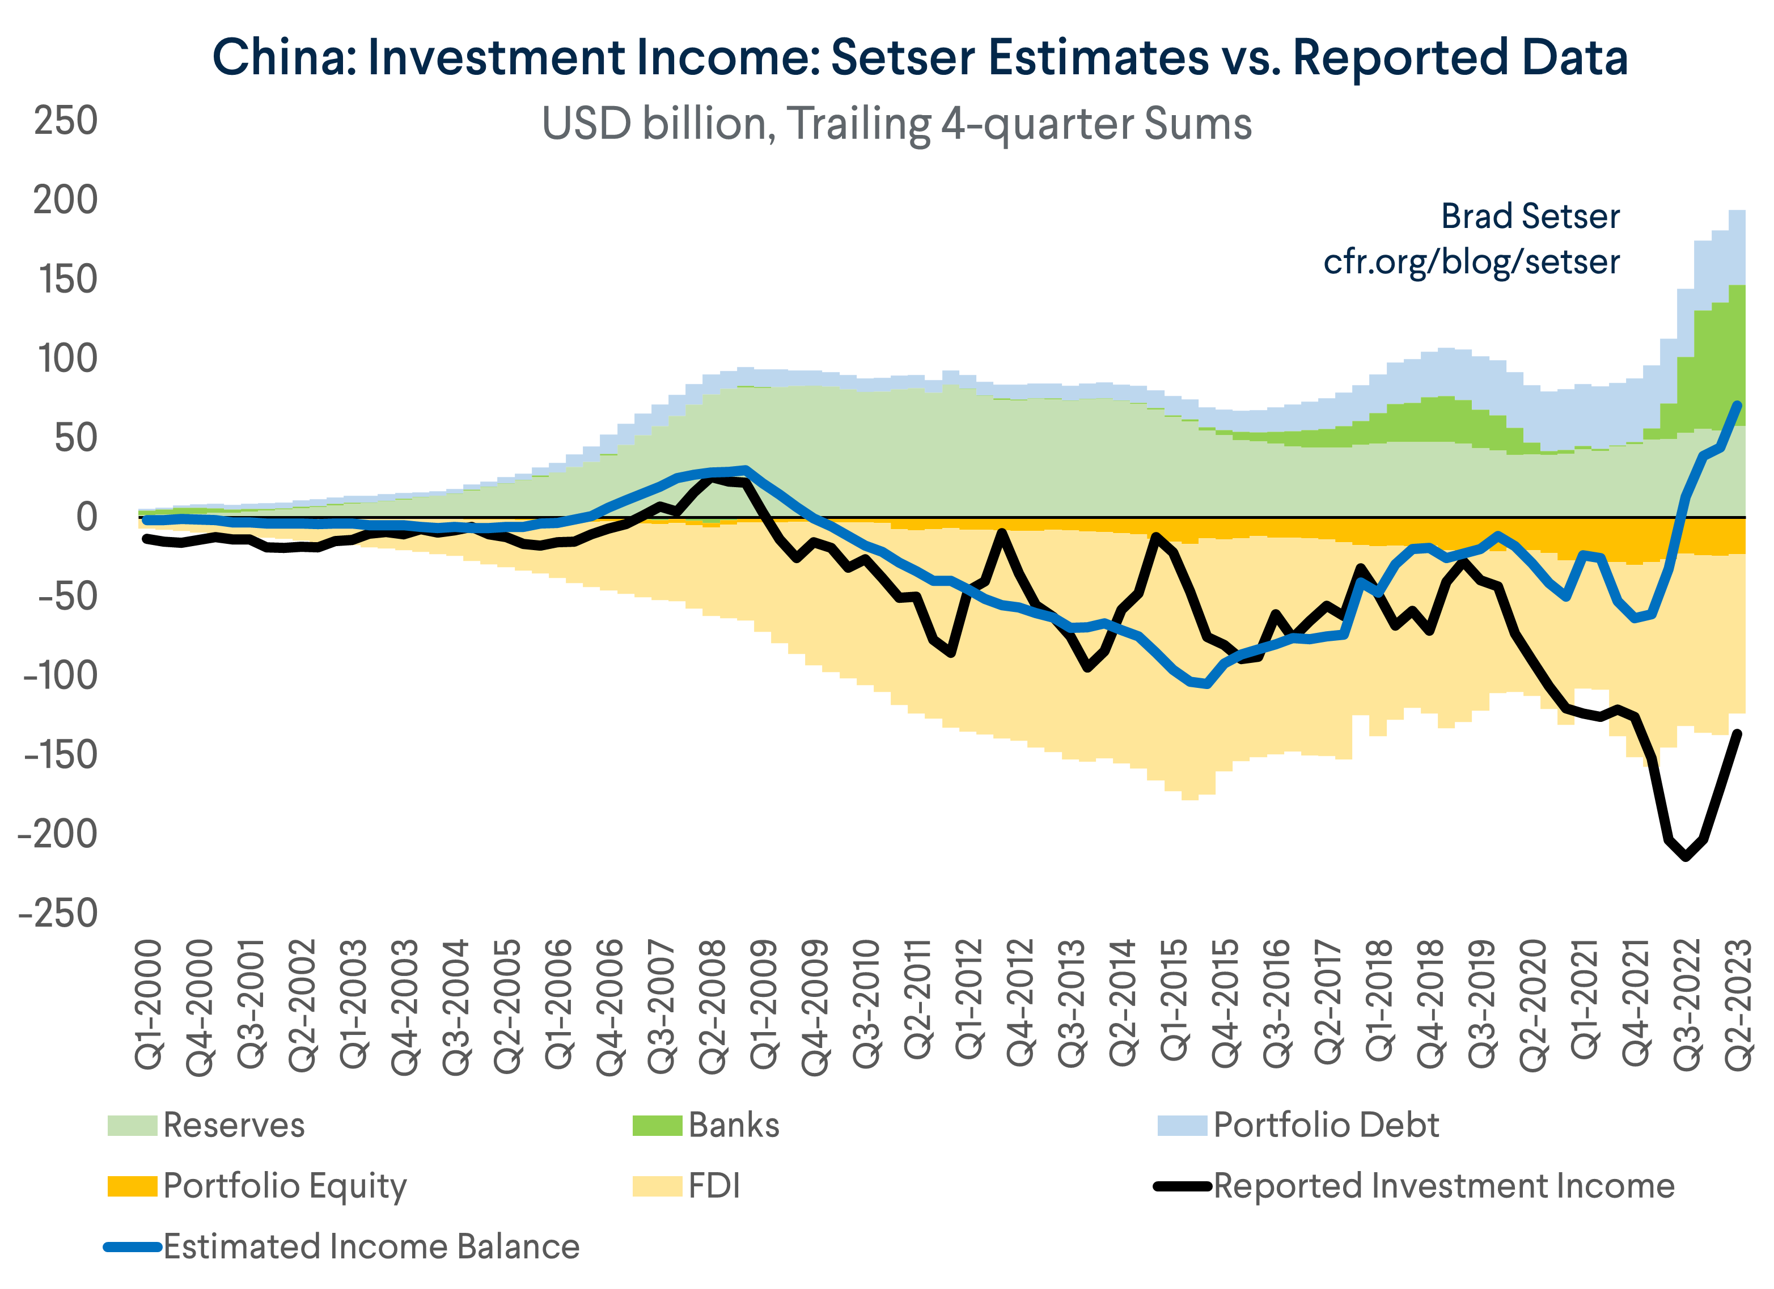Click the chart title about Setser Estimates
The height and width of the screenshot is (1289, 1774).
point(920,57)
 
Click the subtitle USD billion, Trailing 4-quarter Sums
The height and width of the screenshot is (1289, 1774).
point(896,124)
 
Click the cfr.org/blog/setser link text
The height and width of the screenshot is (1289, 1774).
point(1471,261)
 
